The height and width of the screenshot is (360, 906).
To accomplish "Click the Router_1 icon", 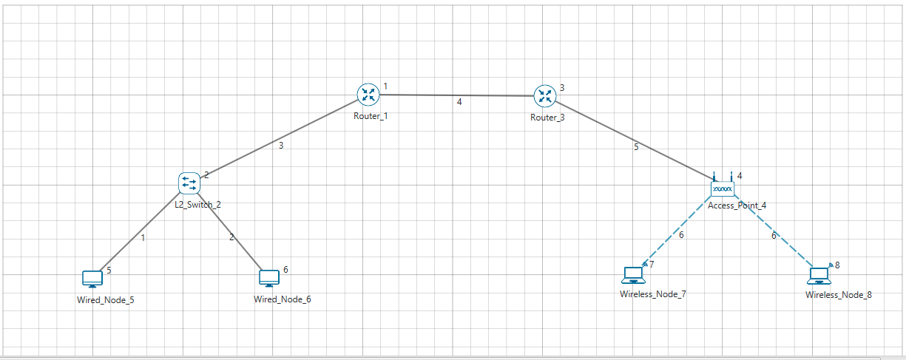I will [368, 94].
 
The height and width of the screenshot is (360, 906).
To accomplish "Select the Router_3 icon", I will [545, 95].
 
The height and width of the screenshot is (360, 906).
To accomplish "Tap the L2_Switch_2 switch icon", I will [189, 183].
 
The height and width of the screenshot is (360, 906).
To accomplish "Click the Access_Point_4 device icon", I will [722, 189].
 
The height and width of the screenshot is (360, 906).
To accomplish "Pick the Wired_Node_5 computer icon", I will [92, 279].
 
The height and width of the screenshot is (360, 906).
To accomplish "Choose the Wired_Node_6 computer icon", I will [268, 279].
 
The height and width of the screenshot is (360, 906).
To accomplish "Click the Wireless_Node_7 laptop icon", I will [633, 275].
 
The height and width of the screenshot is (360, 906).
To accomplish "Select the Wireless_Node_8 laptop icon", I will [818, 276].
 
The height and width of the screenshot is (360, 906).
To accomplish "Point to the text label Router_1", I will [368, 116].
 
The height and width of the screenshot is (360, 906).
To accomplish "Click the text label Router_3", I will [547, 118].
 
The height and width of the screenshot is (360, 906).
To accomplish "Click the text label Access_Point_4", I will [736, 206].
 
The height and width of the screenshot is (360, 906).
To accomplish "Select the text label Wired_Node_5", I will [105, 300].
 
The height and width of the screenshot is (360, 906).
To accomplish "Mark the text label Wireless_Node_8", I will [838, 295].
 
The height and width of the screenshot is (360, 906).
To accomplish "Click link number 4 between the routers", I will [459, 102].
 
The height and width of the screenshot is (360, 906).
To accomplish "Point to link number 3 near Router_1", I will [280, 146].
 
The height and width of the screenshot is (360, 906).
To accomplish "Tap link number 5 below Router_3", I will [635, 147].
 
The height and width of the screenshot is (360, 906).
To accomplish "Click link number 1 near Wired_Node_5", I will [143, 238].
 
